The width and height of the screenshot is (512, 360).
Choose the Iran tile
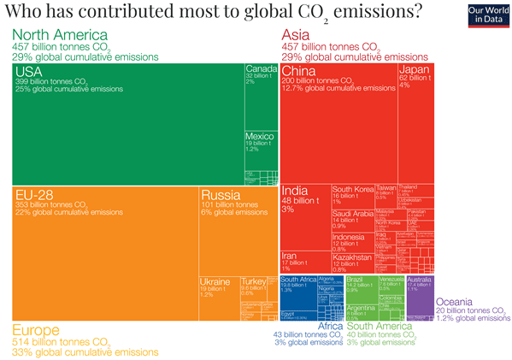coord(304,262)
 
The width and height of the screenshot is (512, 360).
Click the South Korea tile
coord(352,194)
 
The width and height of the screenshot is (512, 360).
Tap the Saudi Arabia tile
coord(352,219)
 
